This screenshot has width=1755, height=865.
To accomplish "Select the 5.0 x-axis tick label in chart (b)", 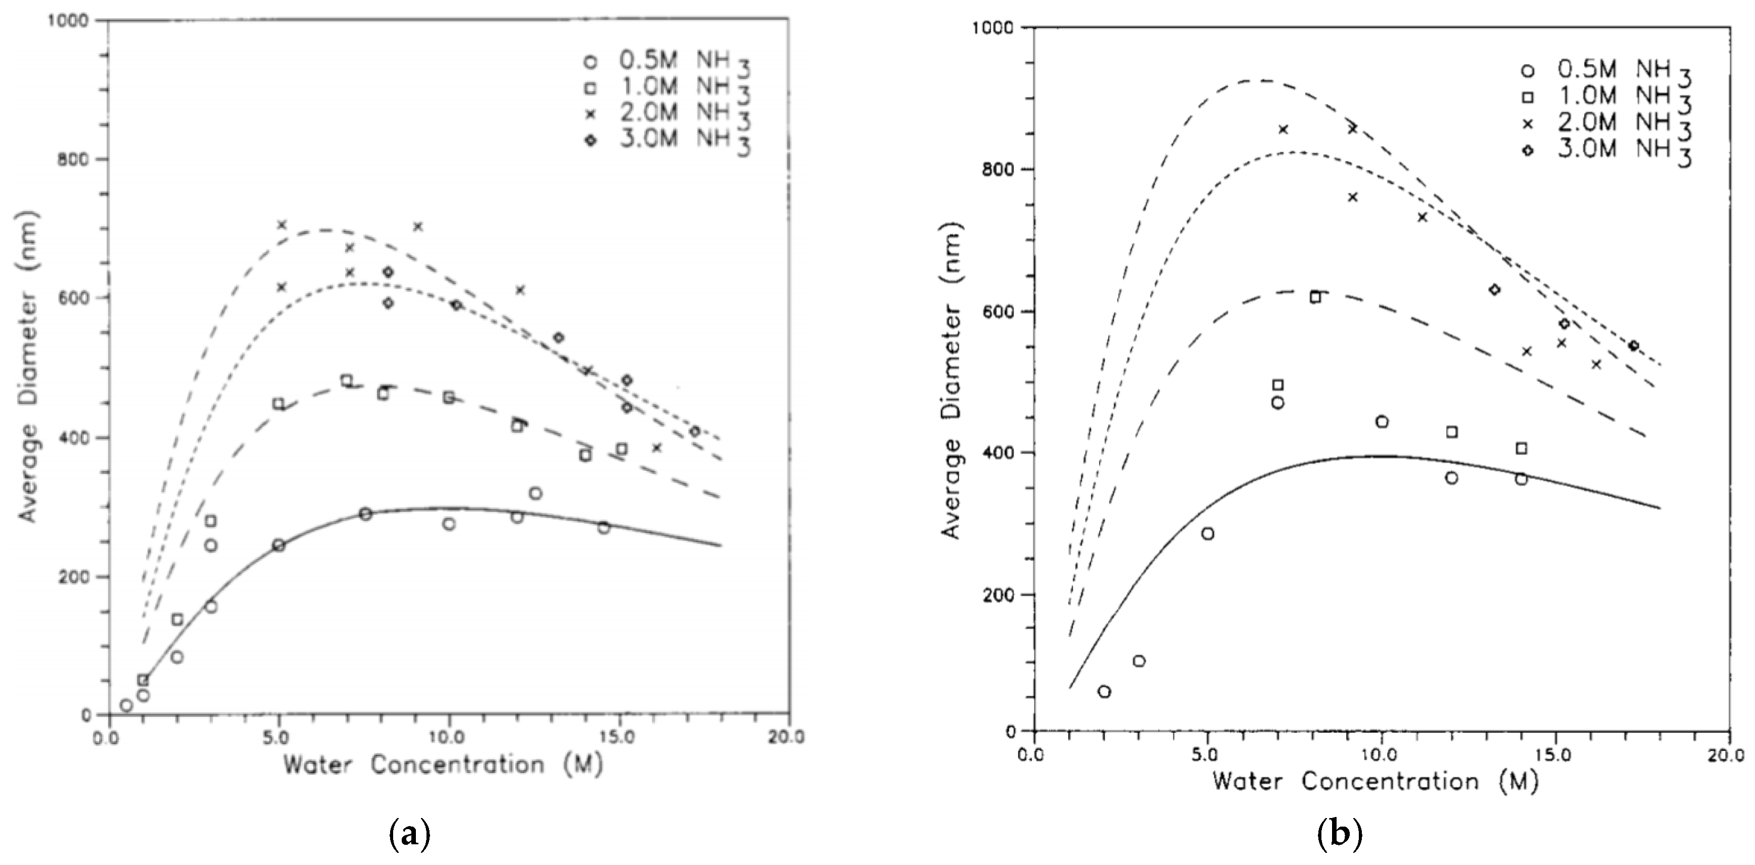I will click(x=1207, y=755).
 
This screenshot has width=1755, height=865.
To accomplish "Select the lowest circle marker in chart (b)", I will click(x=1104, y=692).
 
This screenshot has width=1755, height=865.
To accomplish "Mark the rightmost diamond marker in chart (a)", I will click(x=694, y=431).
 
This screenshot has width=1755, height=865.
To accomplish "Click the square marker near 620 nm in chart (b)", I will click(x=1315, y=297).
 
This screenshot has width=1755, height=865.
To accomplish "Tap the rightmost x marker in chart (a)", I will click(x=657, y=448).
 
